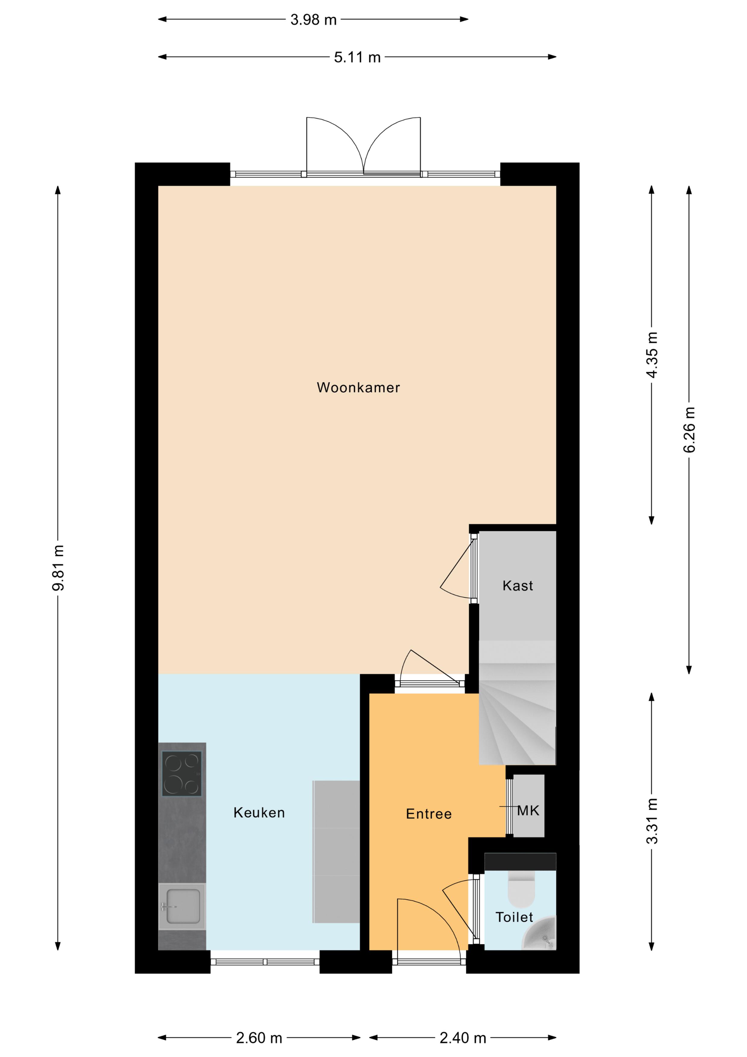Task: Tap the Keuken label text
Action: (x=259, y=813)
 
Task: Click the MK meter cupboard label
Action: (x=528, y=811)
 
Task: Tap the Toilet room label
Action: (x=514, y=917)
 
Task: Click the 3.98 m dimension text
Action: (x=314, y=20)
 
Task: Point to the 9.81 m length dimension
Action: (x=58, y=568)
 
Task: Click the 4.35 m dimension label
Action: (x=652, y=355)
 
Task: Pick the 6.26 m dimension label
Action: (x=689, y=430)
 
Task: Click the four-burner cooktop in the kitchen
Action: (x=182, y=773)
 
